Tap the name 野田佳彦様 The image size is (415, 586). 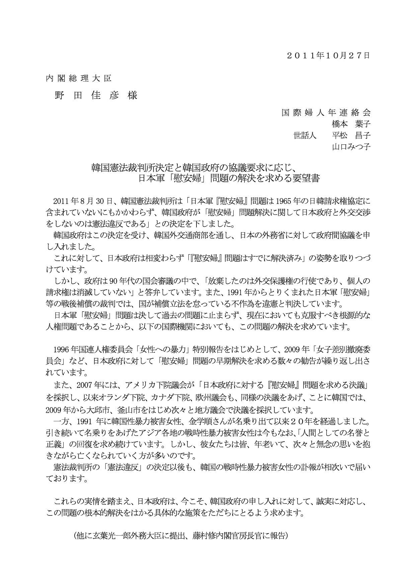point(96,96)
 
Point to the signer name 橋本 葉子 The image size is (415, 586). point(351,124)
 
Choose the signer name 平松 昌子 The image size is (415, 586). point(351,135)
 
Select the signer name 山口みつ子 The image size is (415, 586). point(351,147)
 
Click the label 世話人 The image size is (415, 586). point(305,135)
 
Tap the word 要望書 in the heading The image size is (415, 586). point(306,178)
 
